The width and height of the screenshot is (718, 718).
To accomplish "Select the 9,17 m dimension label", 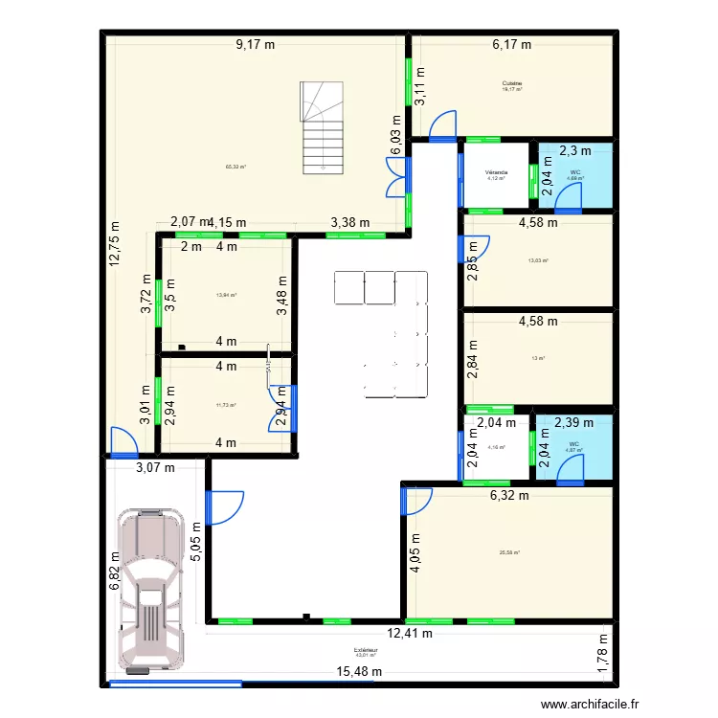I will point(257,43).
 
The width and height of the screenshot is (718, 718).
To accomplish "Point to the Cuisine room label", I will point(511,84).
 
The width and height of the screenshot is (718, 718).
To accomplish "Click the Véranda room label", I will point(496,173).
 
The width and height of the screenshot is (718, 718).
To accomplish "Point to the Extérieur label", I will point(366,650).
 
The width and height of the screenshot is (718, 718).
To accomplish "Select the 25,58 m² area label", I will point(509,552).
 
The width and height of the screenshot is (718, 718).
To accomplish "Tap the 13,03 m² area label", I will point(537,259).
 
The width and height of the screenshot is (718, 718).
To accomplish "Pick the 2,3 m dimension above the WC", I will point(574,149).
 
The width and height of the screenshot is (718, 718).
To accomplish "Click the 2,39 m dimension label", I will point(573,421).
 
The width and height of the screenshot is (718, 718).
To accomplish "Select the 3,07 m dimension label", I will point(154,468).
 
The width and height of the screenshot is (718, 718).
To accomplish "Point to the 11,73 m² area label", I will point(226,405).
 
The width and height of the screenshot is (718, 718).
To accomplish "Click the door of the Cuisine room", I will point(442,125).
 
